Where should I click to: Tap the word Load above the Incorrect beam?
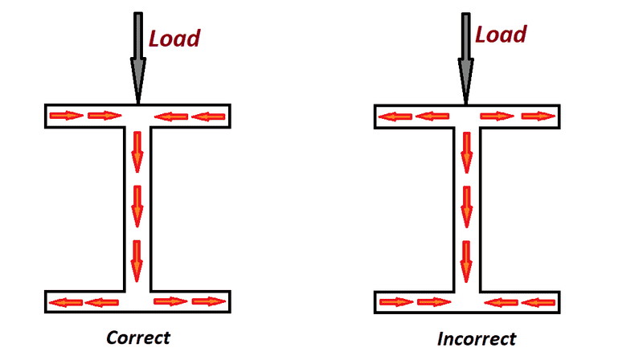501,35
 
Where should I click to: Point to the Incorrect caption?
477,338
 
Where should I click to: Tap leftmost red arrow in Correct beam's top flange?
66,117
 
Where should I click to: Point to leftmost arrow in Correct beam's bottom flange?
64,303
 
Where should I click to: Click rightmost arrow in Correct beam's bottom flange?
209,302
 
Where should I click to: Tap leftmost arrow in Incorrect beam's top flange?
395,117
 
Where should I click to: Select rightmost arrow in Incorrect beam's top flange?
539,117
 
